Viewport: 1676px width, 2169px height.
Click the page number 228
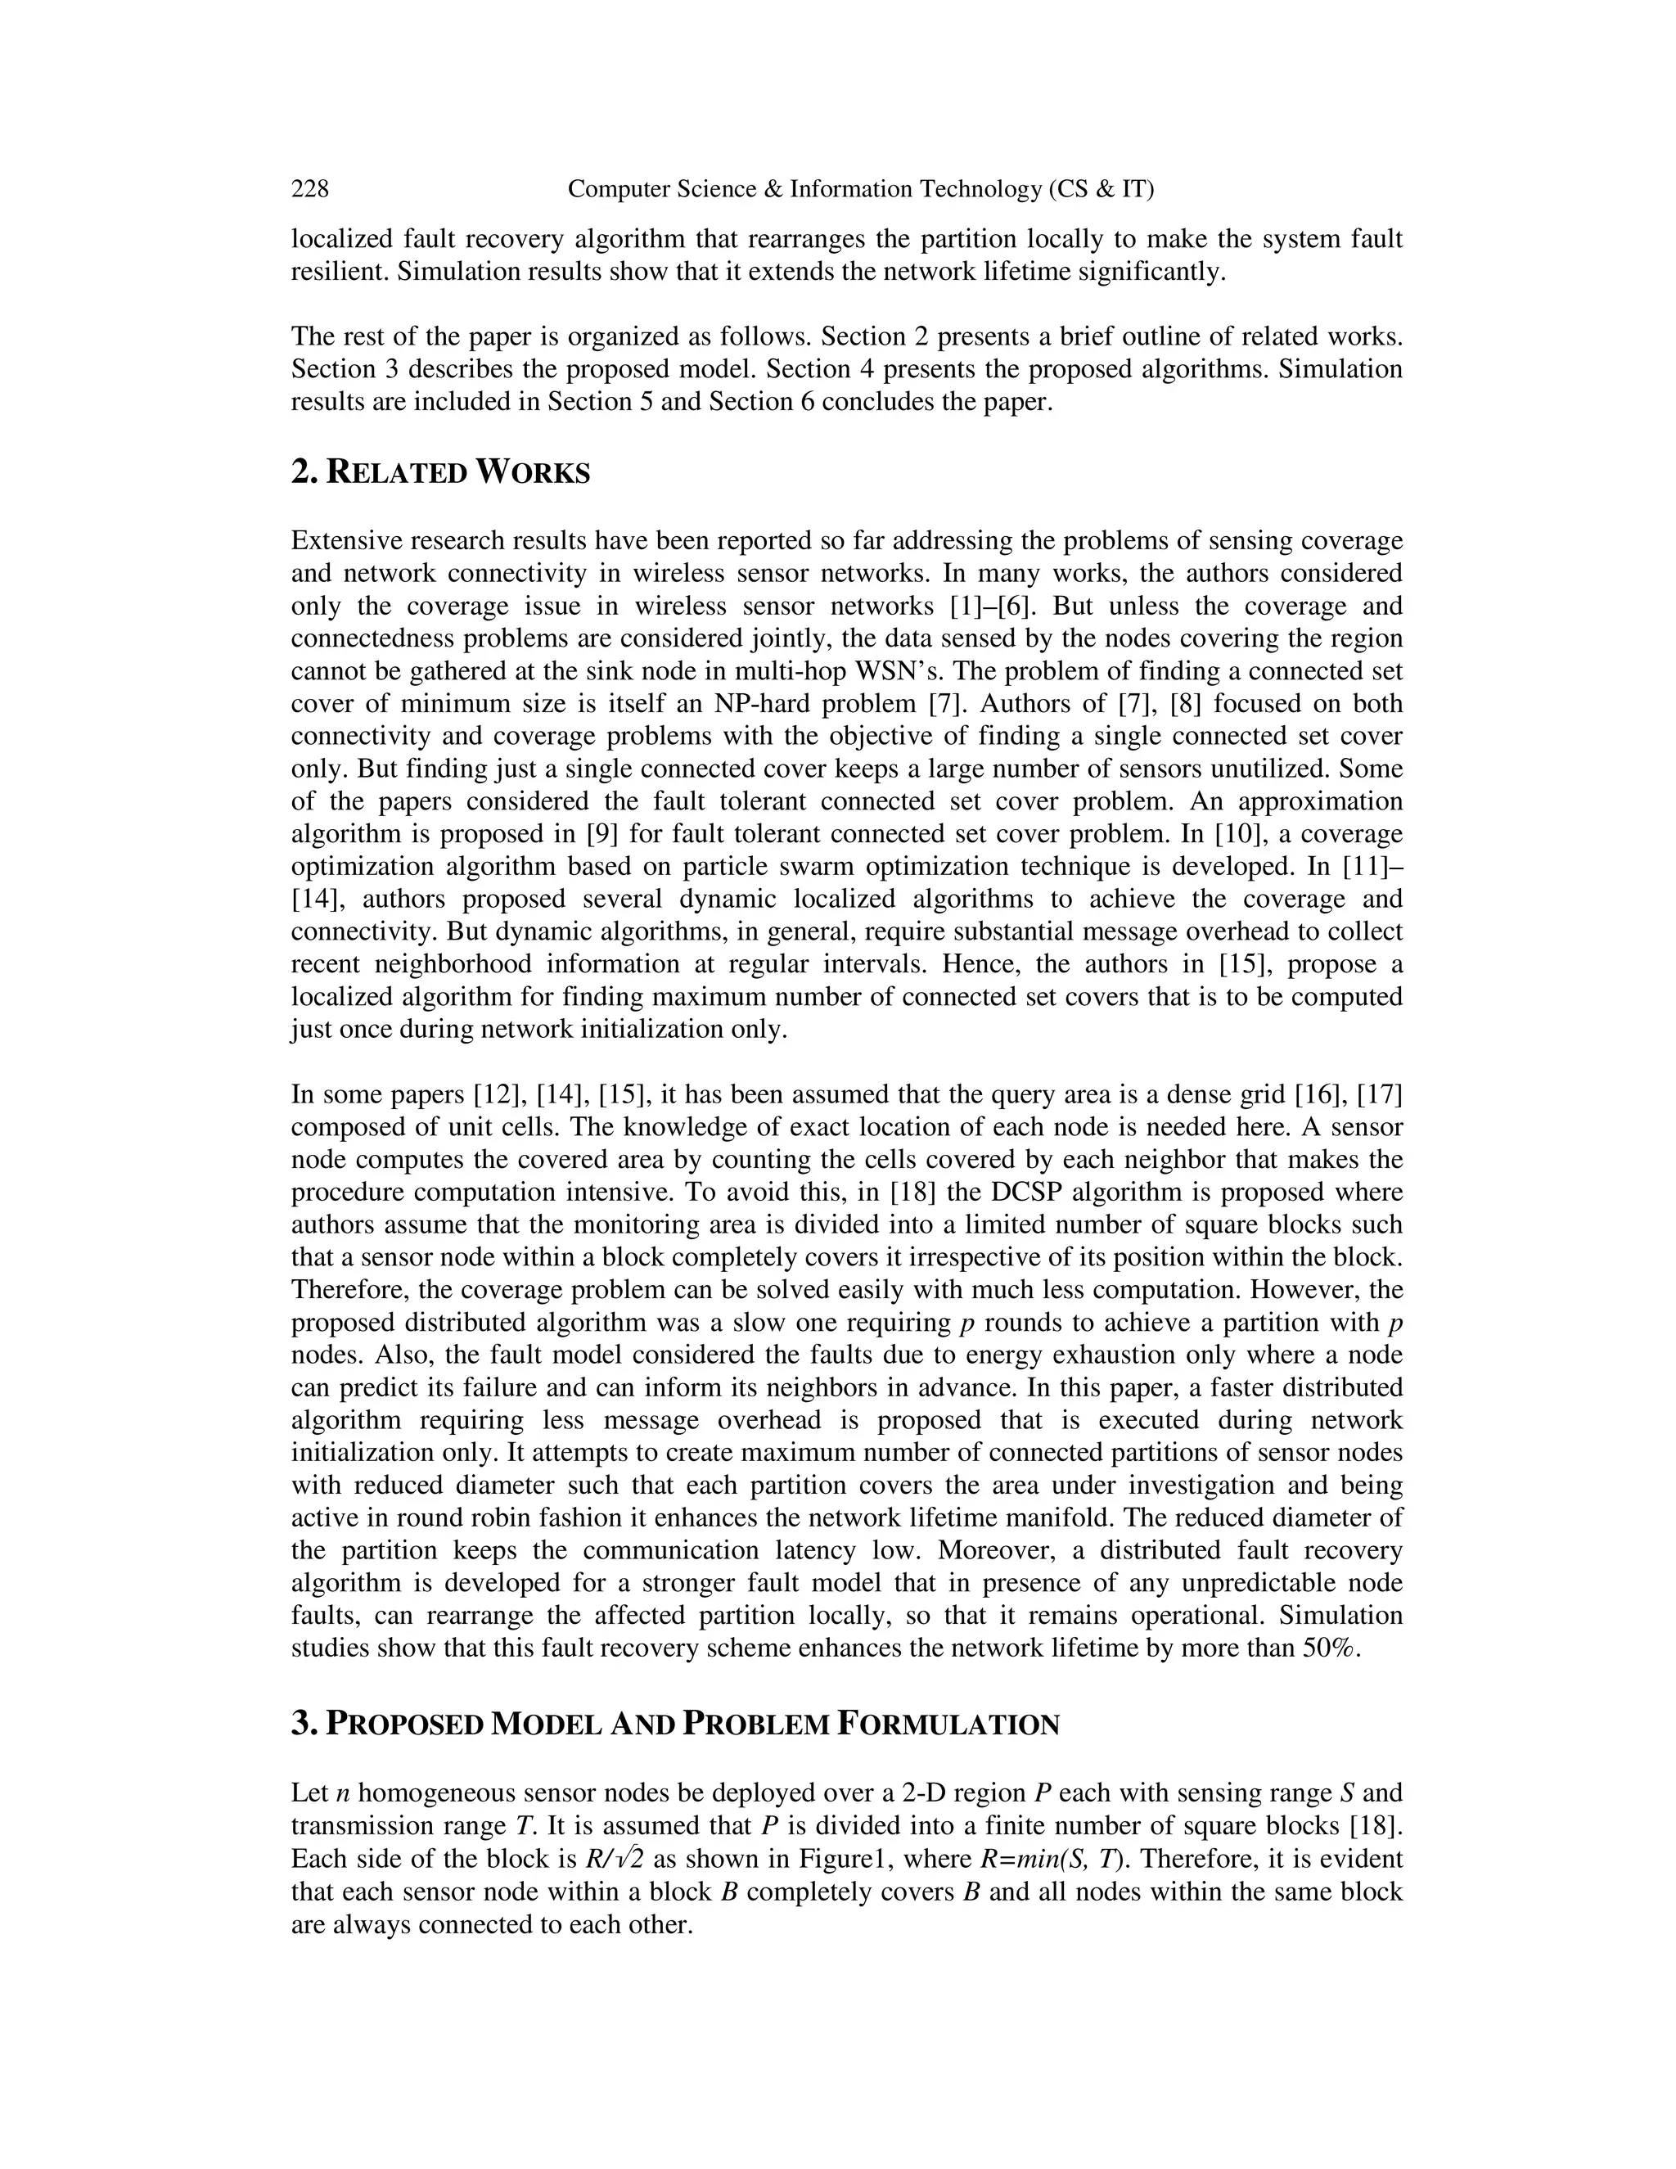pyautogui.click(x=310, y=189)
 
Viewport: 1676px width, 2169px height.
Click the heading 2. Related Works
pyautogui.click(x=441, y=473)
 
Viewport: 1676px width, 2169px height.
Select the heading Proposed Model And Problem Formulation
pyautogui.click(x=675, y=1724)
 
